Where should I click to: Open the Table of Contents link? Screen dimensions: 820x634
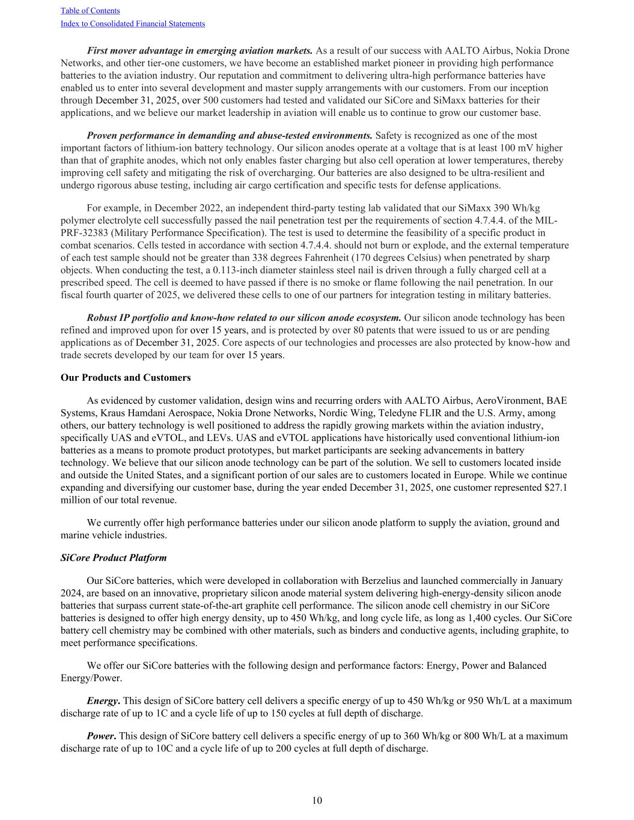90,11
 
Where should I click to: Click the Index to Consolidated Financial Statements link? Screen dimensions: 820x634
133,24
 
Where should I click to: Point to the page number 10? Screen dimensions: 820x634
317,800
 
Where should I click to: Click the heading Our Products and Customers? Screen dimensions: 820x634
126,378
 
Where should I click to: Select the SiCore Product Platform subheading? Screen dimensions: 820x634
114,558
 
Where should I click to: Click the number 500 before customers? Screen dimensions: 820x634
212,100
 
